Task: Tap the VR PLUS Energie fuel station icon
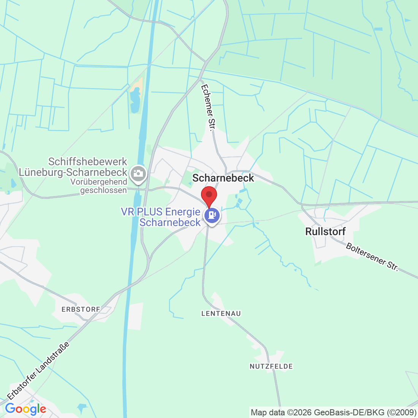(x=212, y=216)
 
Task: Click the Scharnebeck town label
(x=223, y=178)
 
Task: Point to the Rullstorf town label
(x=326, y=231)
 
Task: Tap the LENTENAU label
(x=221, y=313)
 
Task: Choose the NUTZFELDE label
(x=271, y=366)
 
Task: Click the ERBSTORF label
(x=81, y=309)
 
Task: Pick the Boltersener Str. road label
(x=372, y=257)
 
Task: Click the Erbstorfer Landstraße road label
(x=38, y=371)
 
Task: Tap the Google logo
(x=25, y=409)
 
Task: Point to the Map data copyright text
(x=333, y=412)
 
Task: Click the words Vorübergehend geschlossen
(x=99, y=186)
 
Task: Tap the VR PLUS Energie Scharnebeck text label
(x=161, y=217)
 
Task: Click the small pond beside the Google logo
(x=82, y=408)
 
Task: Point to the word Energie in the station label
(x=183, y=212)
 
